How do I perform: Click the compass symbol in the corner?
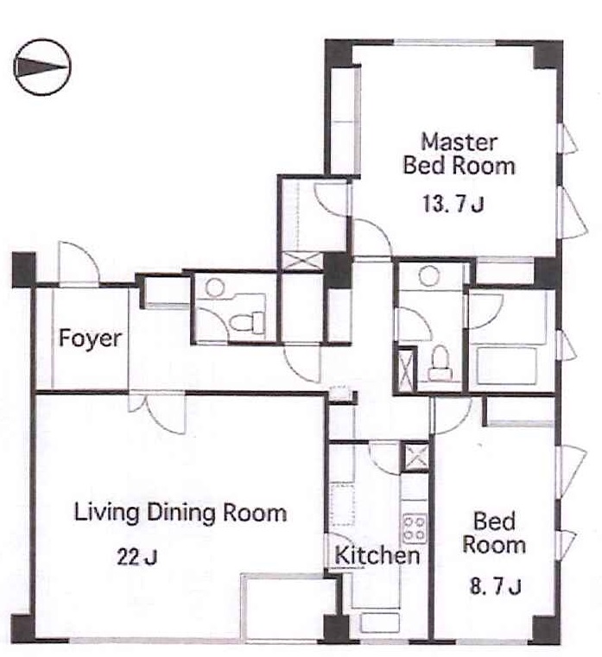pyautogui.click(x=42, y=67)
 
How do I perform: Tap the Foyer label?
pyautogui.click(x=90, y=338)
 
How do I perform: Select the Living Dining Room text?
pyautogui.click(x=181, y=513)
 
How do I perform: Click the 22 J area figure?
pyautogui.click(x=136, y=557)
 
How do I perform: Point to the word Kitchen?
pyautogui.click(x=377, y=556)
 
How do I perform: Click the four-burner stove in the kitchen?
pyautogui.click(x=415, y=527)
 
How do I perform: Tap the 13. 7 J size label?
pyautogui.click(x=453, y=205)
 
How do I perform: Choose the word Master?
pyautogui.click(x=459, y=142)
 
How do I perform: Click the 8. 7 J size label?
pyautogui.click(x=495, y=586)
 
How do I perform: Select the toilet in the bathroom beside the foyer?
pyautogui.click(x=247, y=323)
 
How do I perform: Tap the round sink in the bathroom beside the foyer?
pyautogui.click(x=215, y=287)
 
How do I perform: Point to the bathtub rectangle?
pyautogui.click(x=506, y=366)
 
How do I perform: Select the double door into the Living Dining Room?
pyautogui.click(x=157, y=413)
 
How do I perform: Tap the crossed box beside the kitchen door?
pyautogui.click(x=415, y=457)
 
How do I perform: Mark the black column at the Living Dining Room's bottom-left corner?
pyautogui.click(x=22, y=629)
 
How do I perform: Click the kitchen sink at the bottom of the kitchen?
pyautogui.click(x=380, y=622)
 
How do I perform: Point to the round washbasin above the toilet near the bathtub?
pyautogui.click(x=429, y=275)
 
